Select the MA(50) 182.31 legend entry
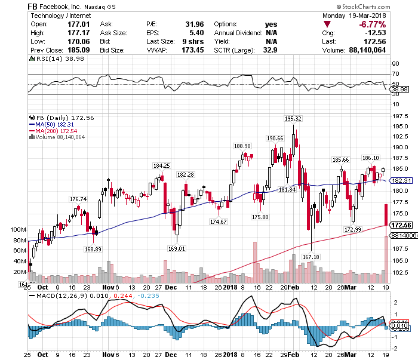(55, 124)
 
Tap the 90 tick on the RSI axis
(395, 63)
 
